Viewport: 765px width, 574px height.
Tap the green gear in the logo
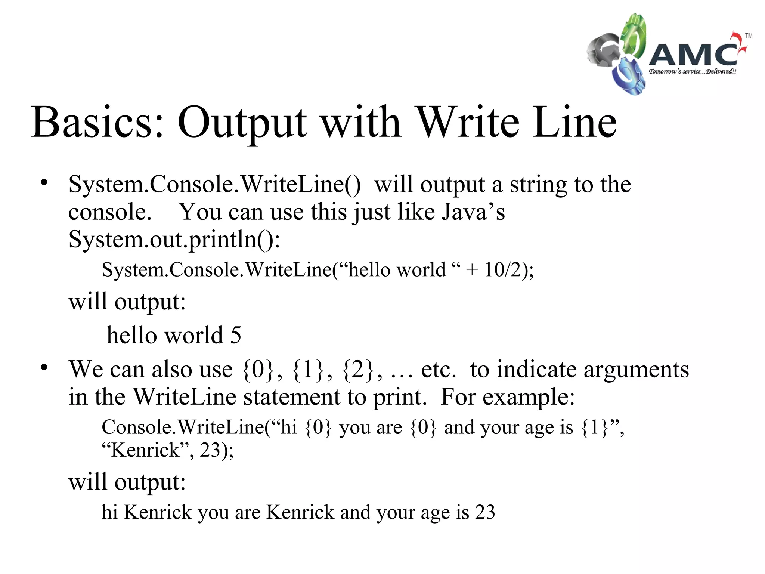(634, 36)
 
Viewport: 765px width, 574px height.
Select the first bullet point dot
(44, 183)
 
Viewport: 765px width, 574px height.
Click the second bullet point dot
(44, 367)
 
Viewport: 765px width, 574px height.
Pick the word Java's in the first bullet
(473, 212)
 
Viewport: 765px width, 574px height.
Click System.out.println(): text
(174, 239)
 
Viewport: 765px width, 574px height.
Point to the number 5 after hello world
(236, 335)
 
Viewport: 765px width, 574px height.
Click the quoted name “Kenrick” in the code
(146, 450)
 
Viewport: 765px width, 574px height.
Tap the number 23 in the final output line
(485, 512)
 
